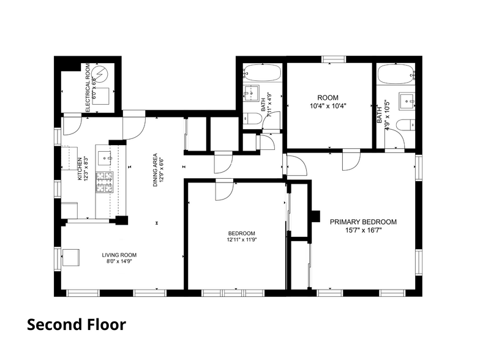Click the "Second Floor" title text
pyautogui.click(x=77, y=324)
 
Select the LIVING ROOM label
pyautogui.click(x=119, y=255)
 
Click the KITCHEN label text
pyautogui.click(x=80, y=169)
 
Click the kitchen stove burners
pyautogui.click(x=105, y=182)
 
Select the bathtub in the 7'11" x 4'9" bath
pyautogui.click(x=262, y=73)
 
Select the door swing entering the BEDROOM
pyautogui.click(x=223, y=190)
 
